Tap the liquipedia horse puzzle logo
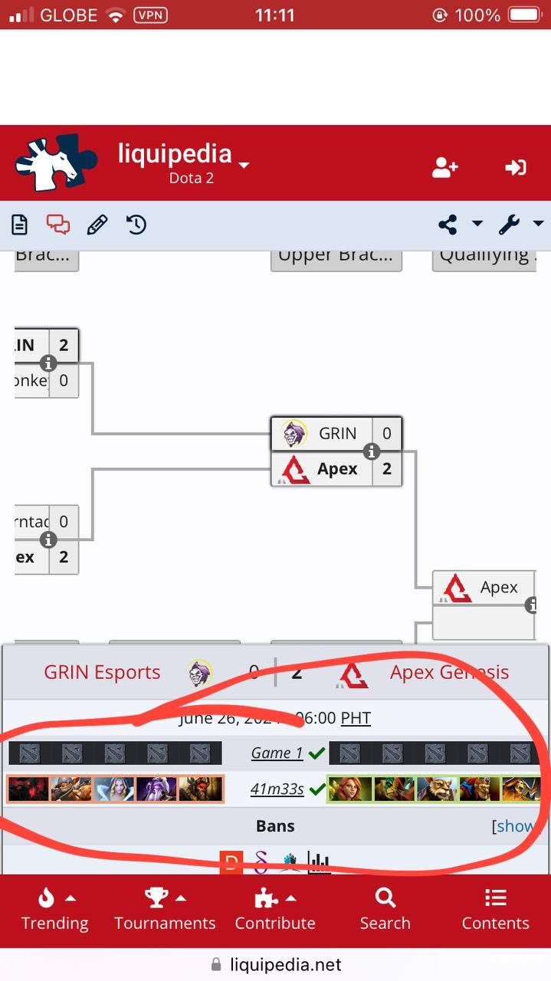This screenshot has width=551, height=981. point(56,162)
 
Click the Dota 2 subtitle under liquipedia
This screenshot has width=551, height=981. point(191,179)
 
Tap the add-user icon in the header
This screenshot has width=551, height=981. point(444,167)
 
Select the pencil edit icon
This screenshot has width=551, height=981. point(97,225)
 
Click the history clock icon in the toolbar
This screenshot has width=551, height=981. point(136,225)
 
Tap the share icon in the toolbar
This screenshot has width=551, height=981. point(448,225)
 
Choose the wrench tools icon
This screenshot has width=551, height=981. point(510,225)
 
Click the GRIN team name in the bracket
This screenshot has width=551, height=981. point(337,434)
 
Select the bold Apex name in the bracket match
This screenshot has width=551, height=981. point(337,469)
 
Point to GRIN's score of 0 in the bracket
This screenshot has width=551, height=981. point(387,434)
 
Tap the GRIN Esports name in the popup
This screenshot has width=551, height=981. point(102,672)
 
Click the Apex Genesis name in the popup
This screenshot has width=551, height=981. point(449,672)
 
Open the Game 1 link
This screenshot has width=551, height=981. point(277,753)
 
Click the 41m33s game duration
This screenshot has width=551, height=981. point(277,789)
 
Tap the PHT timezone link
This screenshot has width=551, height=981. point(356,718)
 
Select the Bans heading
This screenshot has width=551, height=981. point(275,826)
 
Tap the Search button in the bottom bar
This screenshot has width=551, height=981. point(385,909)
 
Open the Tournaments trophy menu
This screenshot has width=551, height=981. point(165,909)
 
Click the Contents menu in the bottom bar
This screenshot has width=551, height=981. point(495,909)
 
